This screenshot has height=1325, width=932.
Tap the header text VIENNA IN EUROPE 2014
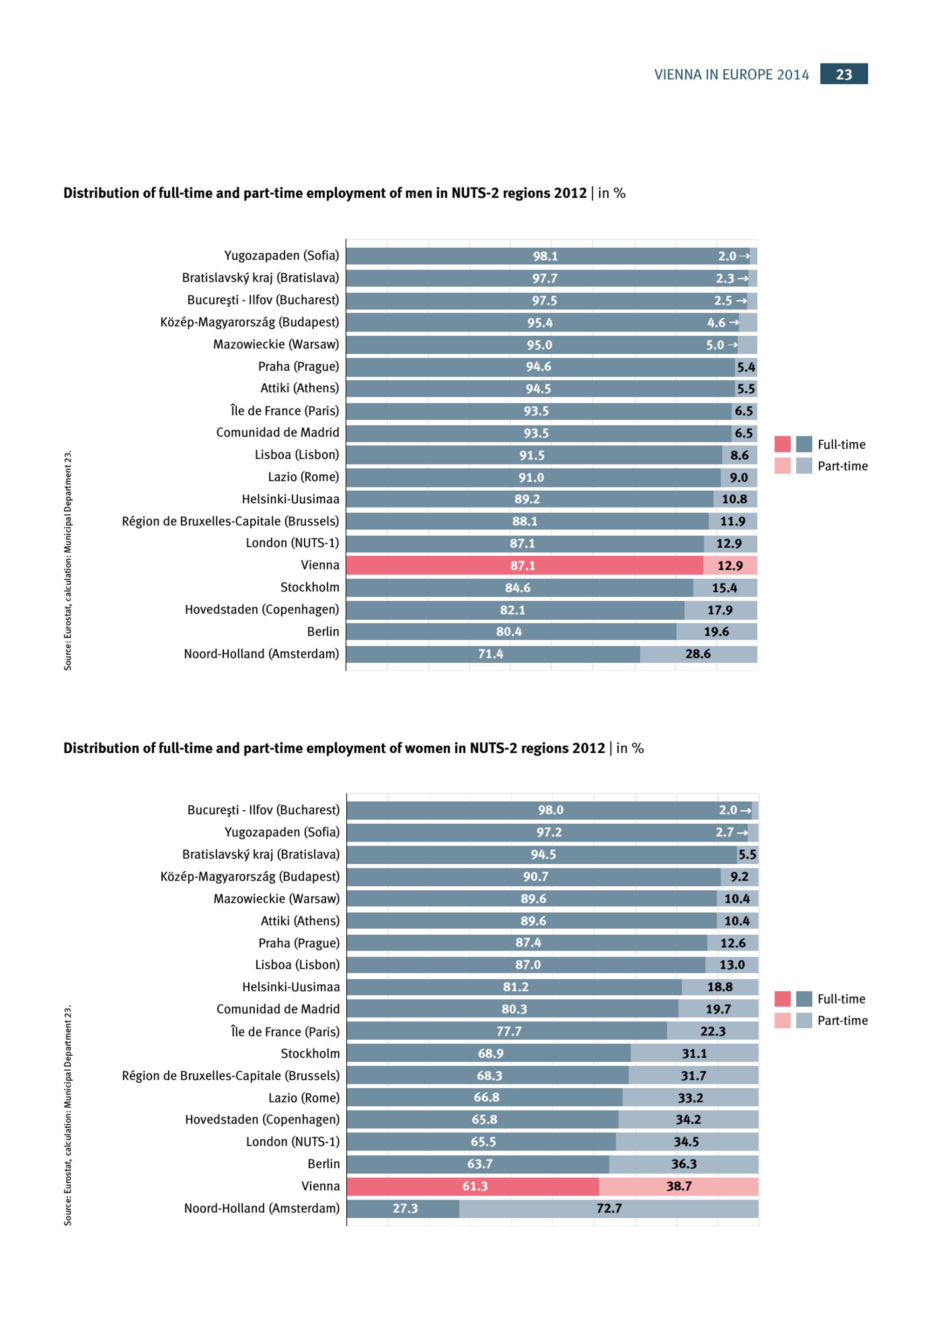[x=731, y=75]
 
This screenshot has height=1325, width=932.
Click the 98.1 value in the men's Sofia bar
[x=545, y=256]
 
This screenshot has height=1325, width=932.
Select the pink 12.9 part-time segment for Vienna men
[x=730, y=566]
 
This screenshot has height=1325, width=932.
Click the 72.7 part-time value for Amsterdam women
[x=609, y=1208]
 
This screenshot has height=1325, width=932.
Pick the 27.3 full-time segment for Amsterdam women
[x=405, y=1208]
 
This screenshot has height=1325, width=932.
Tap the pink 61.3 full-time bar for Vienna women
[x=475, y=1186]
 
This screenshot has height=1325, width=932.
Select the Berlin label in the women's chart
[x=323, y=1164]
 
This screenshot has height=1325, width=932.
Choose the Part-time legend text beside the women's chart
[x=842, y=1020]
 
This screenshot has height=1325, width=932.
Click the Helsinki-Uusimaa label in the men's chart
[x=290, y=499]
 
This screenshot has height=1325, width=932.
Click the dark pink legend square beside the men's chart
[x=782, y=444]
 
